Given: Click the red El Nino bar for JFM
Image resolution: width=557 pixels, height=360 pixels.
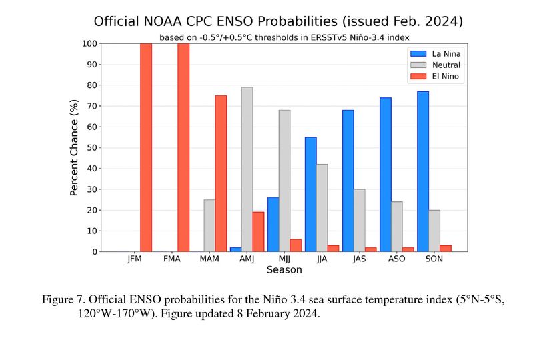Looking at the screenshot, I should click(146, 147).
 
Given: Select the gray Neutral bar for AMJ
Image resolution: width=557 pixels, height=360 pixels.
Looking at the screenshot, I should click(247, 169).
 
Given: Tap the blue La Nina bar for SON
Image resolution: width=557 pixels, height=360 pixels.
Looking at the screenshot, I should click(423, 171).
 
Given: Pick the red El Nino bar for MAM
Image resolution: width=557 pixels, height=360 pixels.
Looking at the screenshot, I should click(221, 173).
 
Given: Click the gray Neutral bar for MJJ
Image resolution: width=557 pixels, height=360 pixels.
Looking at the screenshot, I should click(284, 181).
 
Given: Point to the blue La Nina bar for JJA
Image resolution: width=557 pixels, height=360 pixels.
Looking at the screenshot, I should click(310, 194).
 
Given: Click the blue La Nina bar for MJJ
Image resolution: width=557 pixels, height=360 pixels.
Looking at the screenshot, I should click(273, 224).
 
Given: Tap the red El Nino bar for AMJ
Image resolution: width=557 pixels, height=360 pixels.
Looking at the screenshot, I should click(258, 231).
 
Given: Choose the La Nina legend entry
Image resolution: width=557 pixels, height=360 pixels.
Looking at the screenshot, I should click(444, 53).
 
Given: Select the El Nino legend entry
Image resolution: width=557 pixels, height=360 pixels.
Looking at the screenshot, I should click(444, 76).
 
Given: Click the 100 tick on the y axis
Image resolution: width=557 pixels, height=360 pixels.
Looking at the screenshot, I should click(89, 43).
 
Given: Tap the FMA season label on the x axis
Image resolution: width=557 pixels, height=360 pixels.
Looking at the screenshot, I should click(172, 259).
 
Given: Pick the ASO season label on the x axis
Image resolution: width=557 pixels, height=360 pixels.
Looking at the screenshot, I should click(397, 259).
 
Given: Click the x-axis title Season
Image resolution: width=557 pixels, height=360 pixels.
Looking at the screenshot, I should click(284, 270).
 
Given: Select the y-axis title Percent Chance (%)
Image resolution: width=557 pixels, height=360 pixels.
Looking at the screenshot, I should click(75, 147).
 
